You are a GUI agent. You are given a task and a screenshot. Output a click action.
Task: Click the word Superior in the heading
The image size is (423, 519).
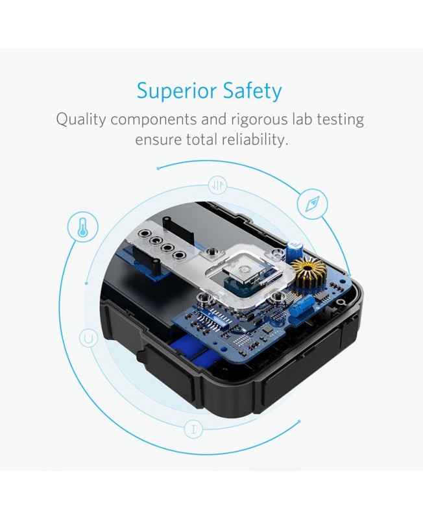[x=176, y=90]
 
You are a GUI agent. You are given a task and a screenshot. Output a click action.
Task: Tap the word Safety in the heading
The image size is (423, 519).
[x=252, y=91]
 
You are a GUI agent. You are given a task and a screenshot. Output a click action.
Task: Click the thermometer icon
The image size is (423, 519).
[x=83, y=228]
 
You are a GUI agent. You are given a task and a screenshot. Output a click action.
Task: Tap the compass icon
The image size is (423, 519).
[x=312, y=203]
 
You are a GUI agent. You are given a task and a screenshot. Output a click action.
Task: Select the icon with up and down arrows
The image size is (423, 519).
[x=217, y=186]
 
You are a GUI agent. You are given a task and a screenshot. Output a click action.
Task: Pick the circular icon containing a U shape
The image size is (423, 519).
[x=88, y=339]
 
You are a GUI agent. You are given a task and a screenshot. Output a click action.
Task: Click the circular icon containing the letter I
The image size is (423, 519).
[x=193, y=429]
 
